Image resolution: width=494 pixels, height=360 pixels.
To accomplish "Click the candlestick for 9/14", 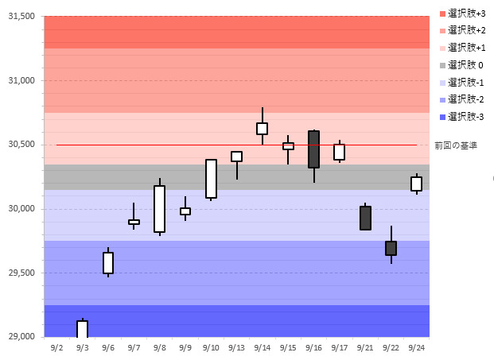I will coord(262,129).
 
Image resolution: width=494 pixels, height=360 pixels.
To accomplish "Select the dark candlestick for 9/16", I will coord(313,149).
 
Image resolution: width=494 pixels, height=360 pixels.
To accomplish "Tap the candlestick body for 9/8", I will coord(159,209).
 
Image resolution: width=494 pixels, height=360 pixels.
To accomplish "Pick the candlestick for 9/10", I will coord(211,179).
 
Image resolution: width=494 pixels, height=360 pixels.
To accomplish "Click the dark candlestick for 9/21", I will coord(365,218).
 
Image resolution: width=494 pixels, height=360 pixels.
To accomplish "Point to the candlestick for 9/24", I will coord(416,184).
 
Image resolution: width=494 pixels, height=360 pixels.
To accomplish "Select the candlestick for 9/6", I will coord(108,263).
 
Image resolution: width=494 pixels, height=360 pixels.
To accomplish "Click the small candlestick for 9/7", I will coord(134,222).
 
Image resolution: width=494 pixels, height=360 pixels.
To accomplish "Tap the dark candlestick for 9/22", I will coord(391,248).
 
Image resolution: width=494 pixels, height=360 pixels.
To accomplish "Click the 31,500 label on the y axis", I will coord(21,16).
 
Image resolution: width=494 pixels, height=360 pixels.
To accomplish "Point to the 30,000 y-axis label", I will coord(21,209).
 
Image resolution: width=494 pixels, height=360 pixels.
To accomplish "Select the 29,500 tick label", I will coord(21,273).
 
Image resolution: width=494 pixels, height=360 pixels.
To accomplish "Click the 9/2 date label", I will coord(56,347).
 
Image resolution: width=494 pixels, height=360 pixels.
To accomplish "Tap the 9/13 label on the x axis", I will coord(236,347).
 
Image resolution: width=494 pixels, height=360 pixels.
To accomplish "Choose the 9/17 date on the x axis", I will coord(339,347).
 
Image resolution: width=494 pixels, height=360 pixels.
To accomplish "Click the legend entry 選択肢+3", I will coord(466,13).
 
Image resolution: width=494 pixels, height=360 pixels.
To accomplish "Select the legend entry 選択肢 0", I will coord(465,64).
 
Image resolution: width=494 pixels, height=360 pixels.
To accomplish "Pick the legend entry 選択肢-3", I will coord(465,117).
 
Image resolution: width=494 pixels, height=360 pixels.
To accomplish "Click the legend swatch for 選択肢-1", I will coord(443,82).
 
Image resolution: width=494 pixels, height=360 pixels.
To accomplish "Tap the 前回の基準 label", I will coord(456,145).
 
